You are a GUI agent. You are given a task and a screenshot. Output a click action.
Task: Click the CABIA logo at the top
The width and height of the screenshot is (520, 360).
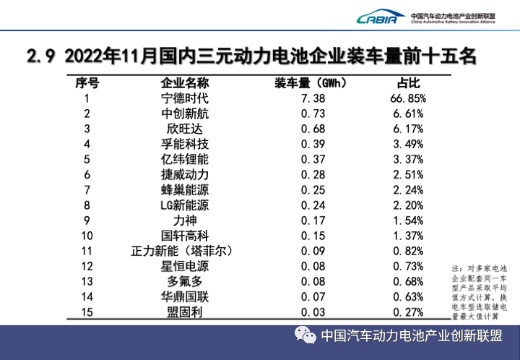tap(376, 17)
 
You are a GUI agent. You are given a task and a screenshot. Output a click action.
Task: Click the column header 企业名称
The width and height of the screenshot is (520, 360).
tap(184, 82)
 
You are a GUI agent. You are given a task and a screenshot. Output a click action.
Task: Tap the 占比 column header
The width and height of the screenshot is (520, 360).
tap(408, 82)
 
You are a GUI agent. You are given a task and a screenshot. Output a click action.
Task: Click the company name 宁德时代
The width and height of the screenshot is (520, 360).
tap(184, 98)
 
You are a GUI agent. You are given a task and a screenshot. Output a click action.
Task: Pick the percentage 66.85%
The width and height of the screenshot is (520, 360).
tap(408, 98)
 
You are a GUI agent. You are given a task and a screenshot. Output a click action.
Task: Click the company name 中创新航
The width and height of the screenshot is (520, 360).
tap(184, 113)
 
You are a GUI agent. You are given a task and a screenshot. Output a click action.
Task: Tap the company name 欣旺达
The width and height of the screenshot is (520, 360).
tap(184, 129)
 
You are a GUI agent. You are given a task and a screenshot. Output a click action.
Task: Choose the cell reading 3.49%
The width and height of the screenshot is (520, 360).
tap(408, 144)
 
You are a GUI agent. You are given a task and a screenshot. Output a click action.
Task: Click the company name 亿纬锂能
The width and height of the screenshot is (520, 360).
tap(184, 159)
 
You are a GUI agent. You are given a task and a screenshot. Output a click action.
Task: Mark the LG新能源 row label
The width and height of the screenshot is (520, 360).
tap(184, 205)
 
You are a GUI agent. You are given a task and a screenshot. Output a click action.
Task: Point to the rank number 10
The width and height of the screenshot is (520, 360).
tap(87, 235)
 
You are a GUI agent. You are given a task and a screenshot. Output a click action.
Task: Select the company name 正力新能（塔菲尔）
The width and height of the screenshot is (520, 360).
tap(184, 250)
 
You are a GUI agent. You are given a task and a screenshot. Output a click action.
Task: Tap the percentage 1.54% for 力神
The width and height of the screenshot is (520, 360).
tap(408, 220)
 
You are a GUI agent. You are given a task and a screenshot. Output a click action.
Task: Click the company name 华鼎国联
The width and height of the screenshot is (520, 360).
tap(184, 296)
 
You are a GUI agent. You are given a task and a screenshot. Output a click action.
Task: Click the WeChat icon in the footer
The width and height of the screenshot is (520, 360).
tap(304, 336)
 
